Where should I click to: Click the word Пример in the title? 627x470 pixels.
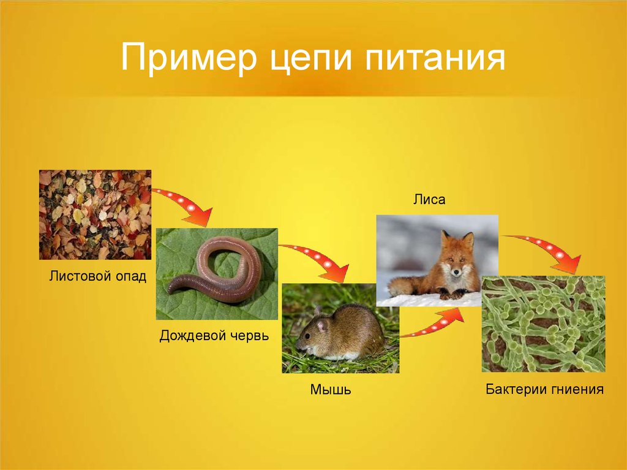pos(189,57)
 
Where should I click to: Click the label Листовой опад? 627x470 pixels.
pos(97,276)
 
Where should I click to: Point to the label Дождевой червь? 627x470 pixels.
pos(214,335)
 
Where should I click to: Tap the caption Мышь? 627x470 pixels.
pos(330,389)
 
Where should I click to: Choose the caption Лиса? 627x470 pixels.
pos(429,199)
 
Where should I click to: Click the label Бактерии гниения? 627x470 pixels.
pos(544,389)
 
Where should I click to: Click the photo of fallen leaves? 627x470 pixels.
pos(95,214)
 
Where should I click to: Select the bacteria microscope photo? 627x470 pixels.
pos(544,324)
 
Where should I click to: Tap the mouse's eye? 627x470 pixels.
pos(308,335)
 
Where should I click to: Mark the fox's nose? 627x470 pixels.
pos(456,273)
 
